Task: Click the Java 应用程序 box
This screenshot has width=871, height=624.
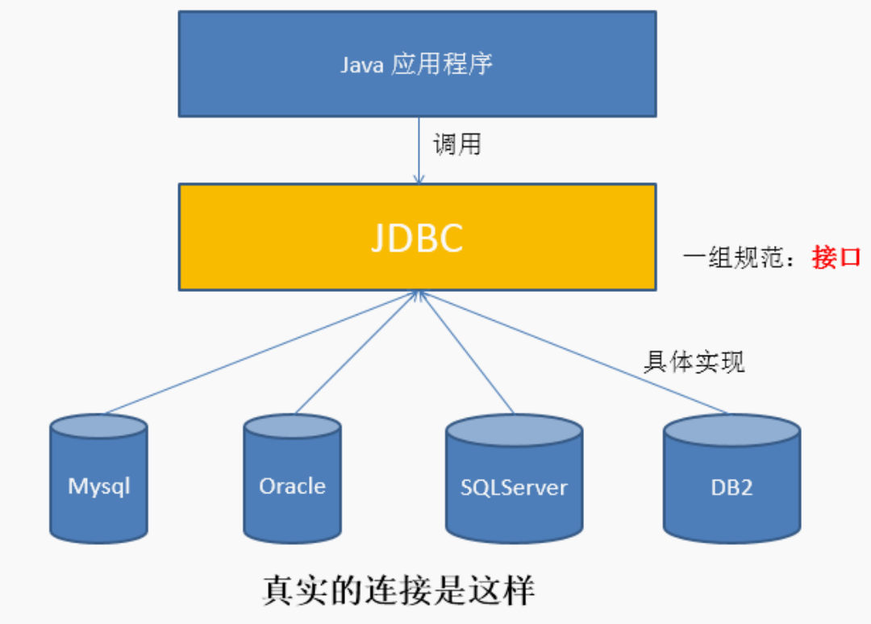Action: (417, 64)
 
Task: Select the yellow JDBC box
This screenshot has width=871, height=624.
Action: (417, 237)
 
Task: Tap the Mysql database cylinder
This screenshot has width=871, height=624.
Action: (99, 478)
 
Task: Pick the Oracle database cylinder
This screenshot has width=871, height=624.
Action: (292, 478)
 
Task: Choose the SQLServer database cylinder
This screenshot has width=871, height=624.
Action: (515, 478)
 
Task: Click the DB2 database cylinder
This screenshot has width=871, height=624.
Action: (732, 478)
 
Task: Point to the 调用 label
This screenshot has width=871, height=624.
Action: (457, 144)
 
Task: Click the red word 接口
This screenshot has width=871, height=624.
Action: (836, 257)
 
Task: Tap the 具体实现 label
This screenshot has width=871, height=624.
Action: (694, 362)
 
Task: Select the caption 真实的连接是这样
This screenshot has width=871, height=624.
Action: (399, 589)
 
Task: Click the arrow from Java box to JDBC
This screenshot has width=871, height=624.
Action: (419, 151)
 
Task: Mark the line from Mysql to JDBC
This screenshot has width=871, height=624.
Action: (261, 352)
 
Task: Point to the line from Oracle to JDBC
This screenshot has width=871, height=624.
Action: (357, 352)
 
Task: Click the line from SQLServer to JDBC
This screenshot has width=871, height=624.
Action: (467, 352)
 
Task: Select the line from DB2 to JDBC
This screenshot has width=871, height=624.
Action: (573, 352)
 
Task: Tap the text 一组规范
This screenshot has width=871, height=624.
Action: (733, 257)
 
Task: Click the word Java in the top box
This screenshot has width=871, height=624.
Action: (361, 65)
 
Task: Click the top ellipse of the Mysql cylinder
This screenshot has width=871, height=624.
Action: (99, 426)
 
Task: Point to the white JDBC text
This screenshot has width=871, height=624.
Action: (417, 238)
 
